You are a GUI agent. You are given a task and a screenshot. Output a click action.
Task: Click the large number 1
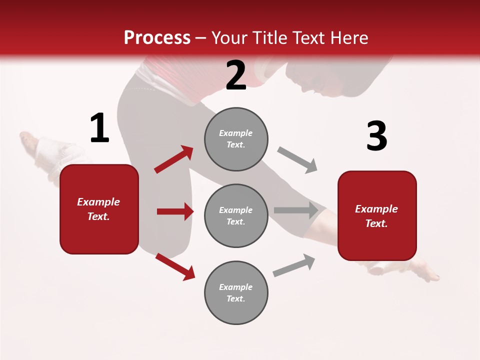(x=99, y=128)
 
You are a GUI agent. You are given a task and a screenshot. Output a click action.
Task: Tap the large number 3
(x=376, y=136)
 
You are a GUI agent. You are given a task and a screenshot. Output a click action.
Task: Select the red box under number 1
(x=99, y=209)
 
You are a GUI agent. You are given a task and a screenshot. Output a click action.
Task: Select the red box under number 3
(x=377, y=215)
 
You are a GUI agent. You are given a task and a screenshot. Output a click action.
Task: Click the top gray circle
(x=236, y=139)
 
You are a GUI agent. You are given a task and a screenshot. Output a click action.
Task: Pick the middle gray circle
(x=236, y=215)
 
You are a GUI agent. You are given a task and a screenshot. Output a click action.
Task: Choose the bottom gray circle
(x=236, y=292)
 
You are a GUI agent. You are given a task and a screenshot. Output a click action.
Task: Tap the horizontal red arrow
(x=175, y=211)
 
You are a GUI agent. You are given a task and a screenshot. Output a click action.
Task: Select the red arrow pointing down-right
(x=175, y=266)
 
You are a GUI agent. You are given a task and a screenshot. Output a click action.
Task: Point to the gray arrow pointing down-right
(x=297, y=159)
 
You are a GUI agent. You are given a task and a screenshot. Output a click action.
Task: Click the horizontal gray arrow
(x=296, y=210)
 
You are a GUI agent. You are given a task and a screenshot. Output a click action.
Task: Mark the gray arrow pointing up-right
(x=294, y=265)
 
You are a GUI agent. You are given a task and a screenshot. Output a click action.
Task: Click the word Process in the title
(x=157, y=37)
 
